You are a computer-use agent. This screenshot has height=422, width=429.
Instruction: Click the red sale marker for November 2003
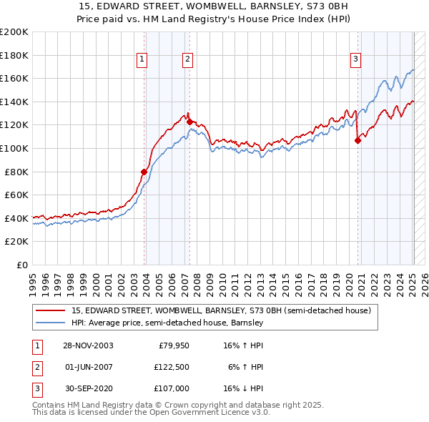click(144, 172)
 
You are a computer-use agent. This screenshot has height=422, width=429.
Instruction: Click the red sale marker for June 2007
click(189, 122)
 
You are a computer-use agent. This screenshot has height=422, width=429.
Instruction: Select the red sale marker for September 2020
click(357, 140)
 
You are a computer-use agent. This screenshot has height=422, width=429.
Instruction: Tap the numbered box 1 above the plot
click(142, 60)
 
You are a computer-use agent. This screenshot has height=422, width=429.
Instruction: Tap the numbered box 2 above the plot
click(187, 60)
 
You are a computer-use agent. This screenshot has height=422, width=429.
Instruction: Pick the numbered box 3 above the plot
click(355, 60)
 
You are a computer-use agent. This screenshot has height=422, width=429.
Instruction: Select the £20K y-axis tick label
click(16, 242)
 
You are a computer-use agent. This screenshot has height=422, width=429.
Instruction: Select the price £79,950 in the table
click(173, 345)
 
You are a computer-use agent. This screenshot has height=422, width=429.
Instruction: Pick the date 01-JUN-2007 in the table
click(88, 367)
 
